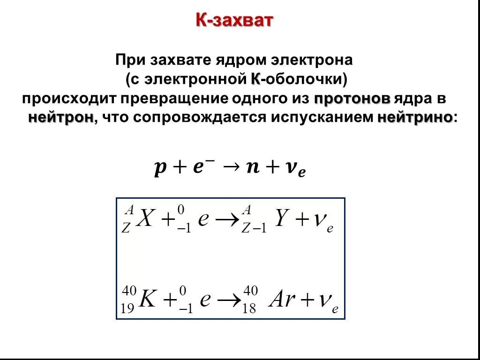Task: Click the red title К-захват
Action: (x=234, y=21)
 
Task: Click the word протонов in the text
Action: (x=352, y=99)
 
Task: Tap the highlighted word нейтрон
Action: (x=60, y=117)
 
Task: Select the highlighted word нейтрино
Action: (x=415, y=117)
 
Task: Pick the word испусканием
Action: (x=323, y=117)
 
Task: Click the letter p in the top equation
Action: (x=159, y=168)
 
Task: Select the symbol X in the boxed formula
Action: (x=145, y=218)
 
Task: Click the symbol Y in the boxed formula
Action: (x=281, y=218)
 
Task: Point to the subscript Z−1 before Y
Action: (x=254, y=228)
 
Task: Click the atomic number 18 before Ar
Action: (x=249, y=309)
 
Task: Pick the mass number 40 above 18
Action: (x=250, y=291)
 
